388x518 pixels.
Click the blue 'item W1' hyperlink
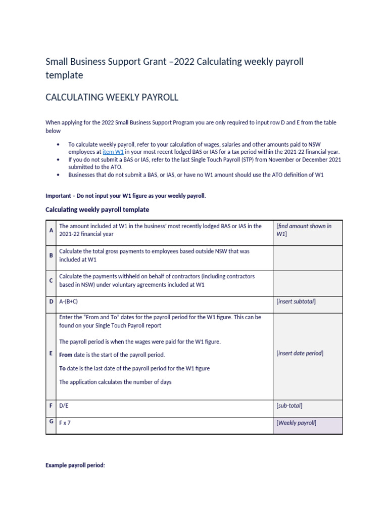113,152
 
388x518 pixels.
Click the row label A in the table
51,230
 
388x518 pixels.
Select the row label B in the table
51,255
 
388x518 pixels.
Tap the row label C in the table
51,280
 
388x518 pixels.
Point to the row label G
51,422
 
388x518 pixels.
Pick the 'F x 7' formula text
65,423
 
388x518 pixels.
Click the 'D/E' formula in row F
64,406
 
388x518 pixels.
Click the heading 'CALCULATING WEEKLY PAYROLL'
112,97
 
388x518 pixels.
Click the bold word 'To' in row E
62,368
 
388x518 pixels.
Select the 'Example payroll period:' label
75,465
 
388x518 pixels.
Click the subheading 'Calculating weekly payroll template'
97,209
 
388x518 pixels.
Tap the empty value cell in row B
308,258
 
